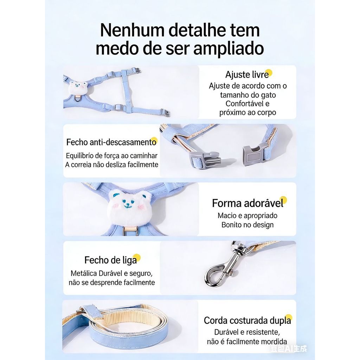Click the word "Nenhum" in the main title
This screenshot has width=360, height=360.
[132, 30]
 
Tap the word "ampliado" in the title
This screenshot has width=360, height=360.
[229, 49]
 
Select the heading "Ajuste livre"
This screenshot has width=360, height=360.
[247, 75]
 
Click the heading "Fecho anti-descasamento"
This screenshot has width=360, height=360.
[111, 142]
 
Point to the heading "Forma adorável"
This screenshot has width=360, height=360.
[248, 203]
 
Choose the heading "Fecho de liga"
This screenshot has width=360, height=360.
[110, 261]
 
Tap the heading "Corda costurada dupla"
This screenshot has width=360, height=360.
[247, 321]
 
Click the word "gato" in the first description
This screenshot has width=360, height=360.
[268, 95]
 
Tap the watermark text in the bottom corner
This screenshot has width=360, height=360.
[289, 349]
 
